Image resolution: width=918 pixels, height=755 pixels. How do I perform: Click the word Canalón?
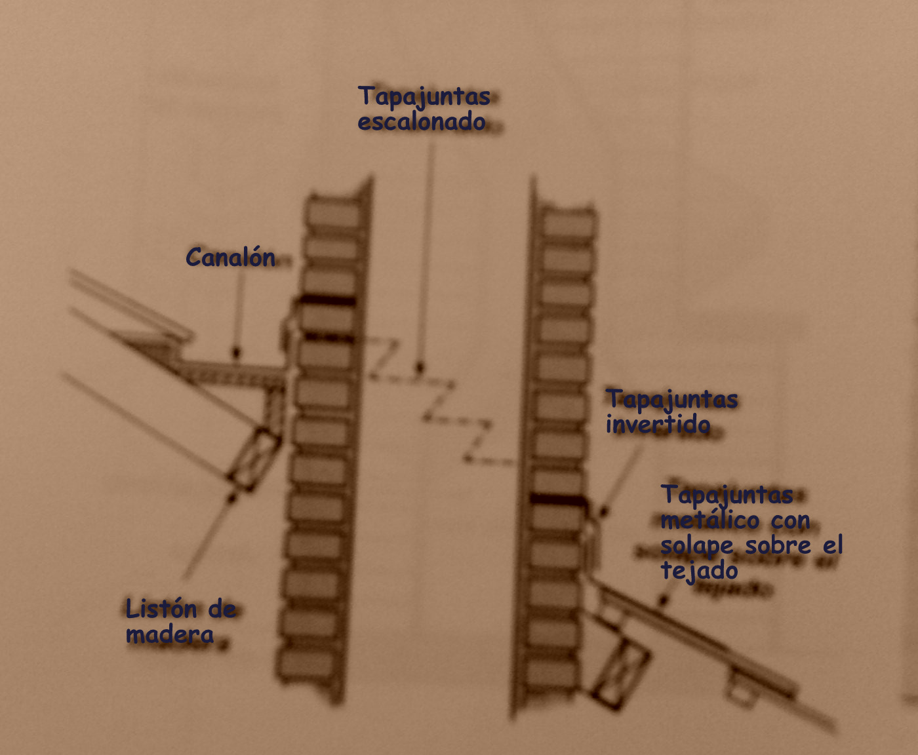point(230,258)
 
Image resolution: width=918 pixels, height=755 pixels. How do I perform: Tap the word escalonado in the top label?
point(422,122)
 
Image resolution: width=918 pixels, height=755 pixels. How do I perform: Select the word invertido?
point(658,425)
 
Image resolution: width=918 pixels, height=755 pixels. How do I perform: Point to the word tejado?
point(699,570)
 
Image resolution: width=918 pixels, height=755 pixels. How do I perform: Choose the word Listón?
point(163,610)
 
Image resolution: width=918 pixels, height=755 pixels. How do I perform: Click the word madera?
point(170,634)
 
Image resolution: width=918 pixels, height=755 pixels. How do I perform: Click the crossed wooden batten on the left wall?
point(254,459)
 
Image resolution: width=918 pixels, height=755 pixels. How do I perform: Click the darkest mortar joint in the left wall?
point(328,301)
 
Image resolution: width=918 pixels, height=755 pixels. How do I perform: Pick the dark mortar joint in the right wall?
point(557,499)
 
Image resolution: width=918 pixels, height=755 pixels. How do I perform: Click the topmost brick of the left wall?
point(333,214)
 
